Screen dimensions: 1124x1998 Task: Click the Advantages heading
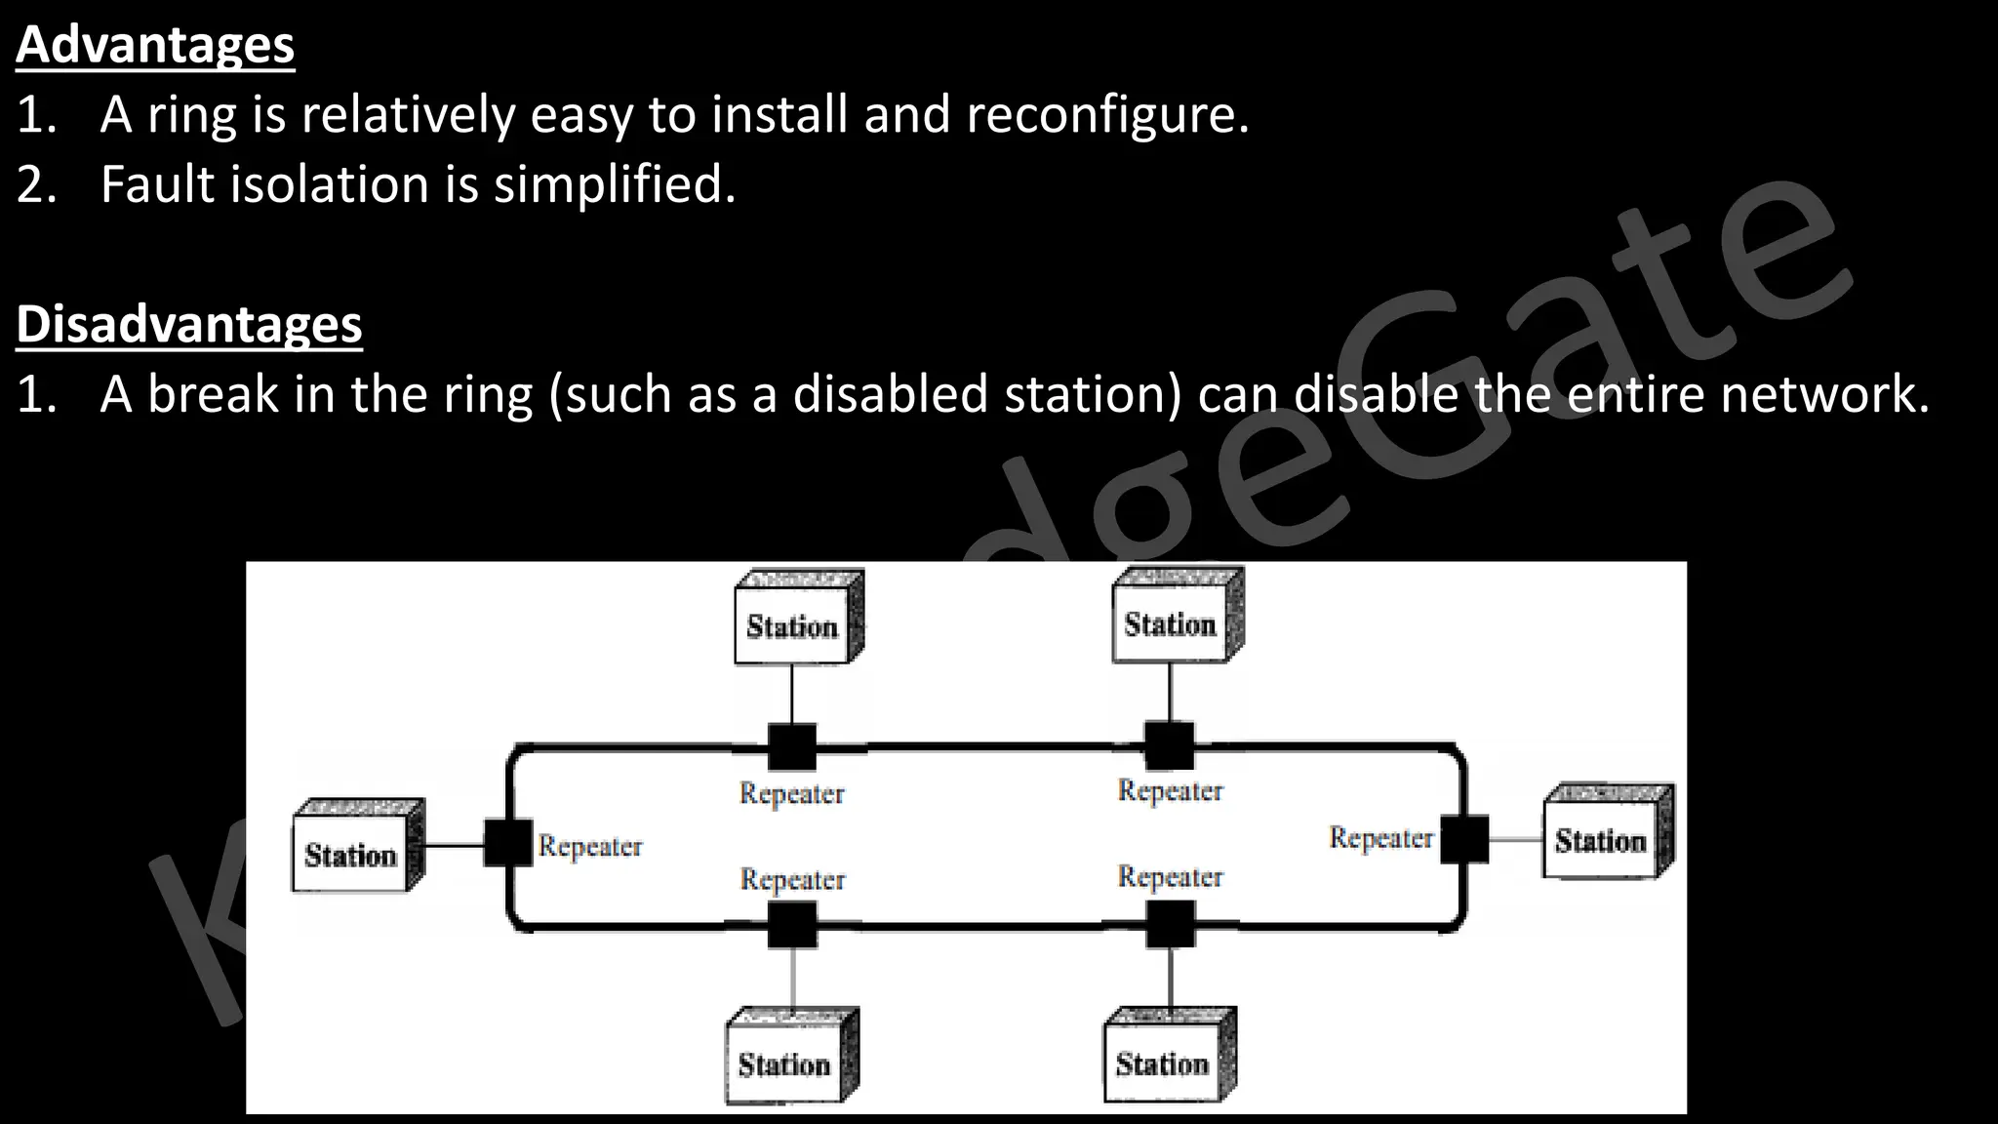point(155,45)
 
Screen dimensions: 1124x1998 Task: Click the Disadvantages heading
point(189,324)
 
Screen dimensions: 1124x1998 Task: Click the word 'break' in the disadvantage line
point(213,394)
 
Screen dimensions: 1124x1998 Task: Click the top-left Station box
point(793,625)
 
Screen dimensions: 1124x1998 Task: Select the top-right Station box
point(1171,623)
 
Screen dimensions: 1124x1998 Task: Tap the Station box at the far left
point(351,855)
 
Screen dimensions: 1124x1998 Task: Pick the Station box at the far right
point(1601,840)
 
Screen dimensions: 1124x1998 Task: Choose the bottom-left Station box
point(785,1064)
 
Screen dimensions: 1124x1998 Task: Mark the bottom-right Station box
point(1163,1063)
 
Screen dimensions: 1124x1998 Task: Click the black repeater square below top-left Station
point(792,747)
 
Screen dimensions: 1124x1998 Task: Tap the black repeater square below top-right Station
point(1169,746)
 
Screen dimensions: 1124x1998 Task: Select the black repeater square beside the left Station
point(508,843)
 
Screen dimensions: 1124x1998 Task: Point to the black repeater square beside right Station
point(1464,839)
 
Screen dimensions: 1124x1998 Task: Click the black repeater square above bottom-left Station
point(792,925)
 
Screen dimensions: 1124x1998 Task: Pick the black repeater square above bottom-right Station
point(1170,924)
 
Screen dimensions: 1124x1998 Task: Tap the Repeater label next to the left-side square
point(590,846)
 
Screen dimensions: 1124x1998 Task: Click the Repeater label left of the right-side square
point(1381,838)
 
